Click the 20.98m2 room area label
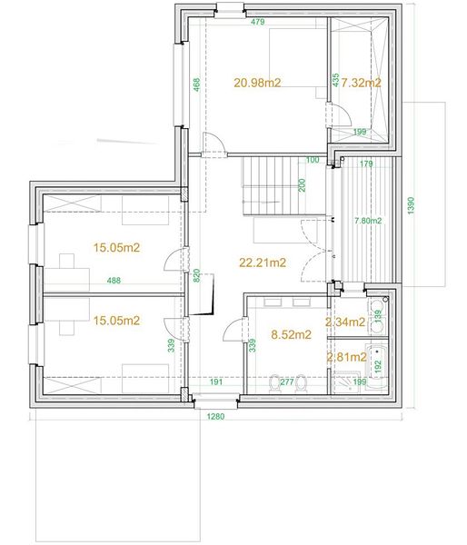click(257, 83)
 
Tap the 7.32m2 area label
click(361, 83)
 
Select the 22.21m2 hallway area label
click(263, 263)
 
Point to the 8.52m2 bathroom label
click(291, 334)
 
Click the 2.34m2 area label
click(345, 322)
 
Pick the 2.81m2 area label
click(347, 357)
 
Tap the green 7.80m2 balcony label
click(368, 221)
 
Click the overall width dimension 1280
click(215, 416)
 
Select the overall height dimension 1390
click(411, 206)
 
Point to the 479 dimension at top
click(258, 22)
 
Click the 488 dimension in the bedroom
click(114, 280)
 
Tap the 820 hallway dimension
click(196, 275)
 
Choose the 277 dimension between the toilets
click(287, 382)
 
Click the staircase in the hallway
click(284, 185)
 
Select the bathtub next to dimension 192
click(378, 362)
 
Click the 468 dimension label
click(196, 84)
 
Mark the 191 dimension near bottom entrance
click(216, 382)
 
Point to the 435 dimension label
click(335, 80)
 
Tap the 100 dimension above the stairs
click(313, 160)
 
